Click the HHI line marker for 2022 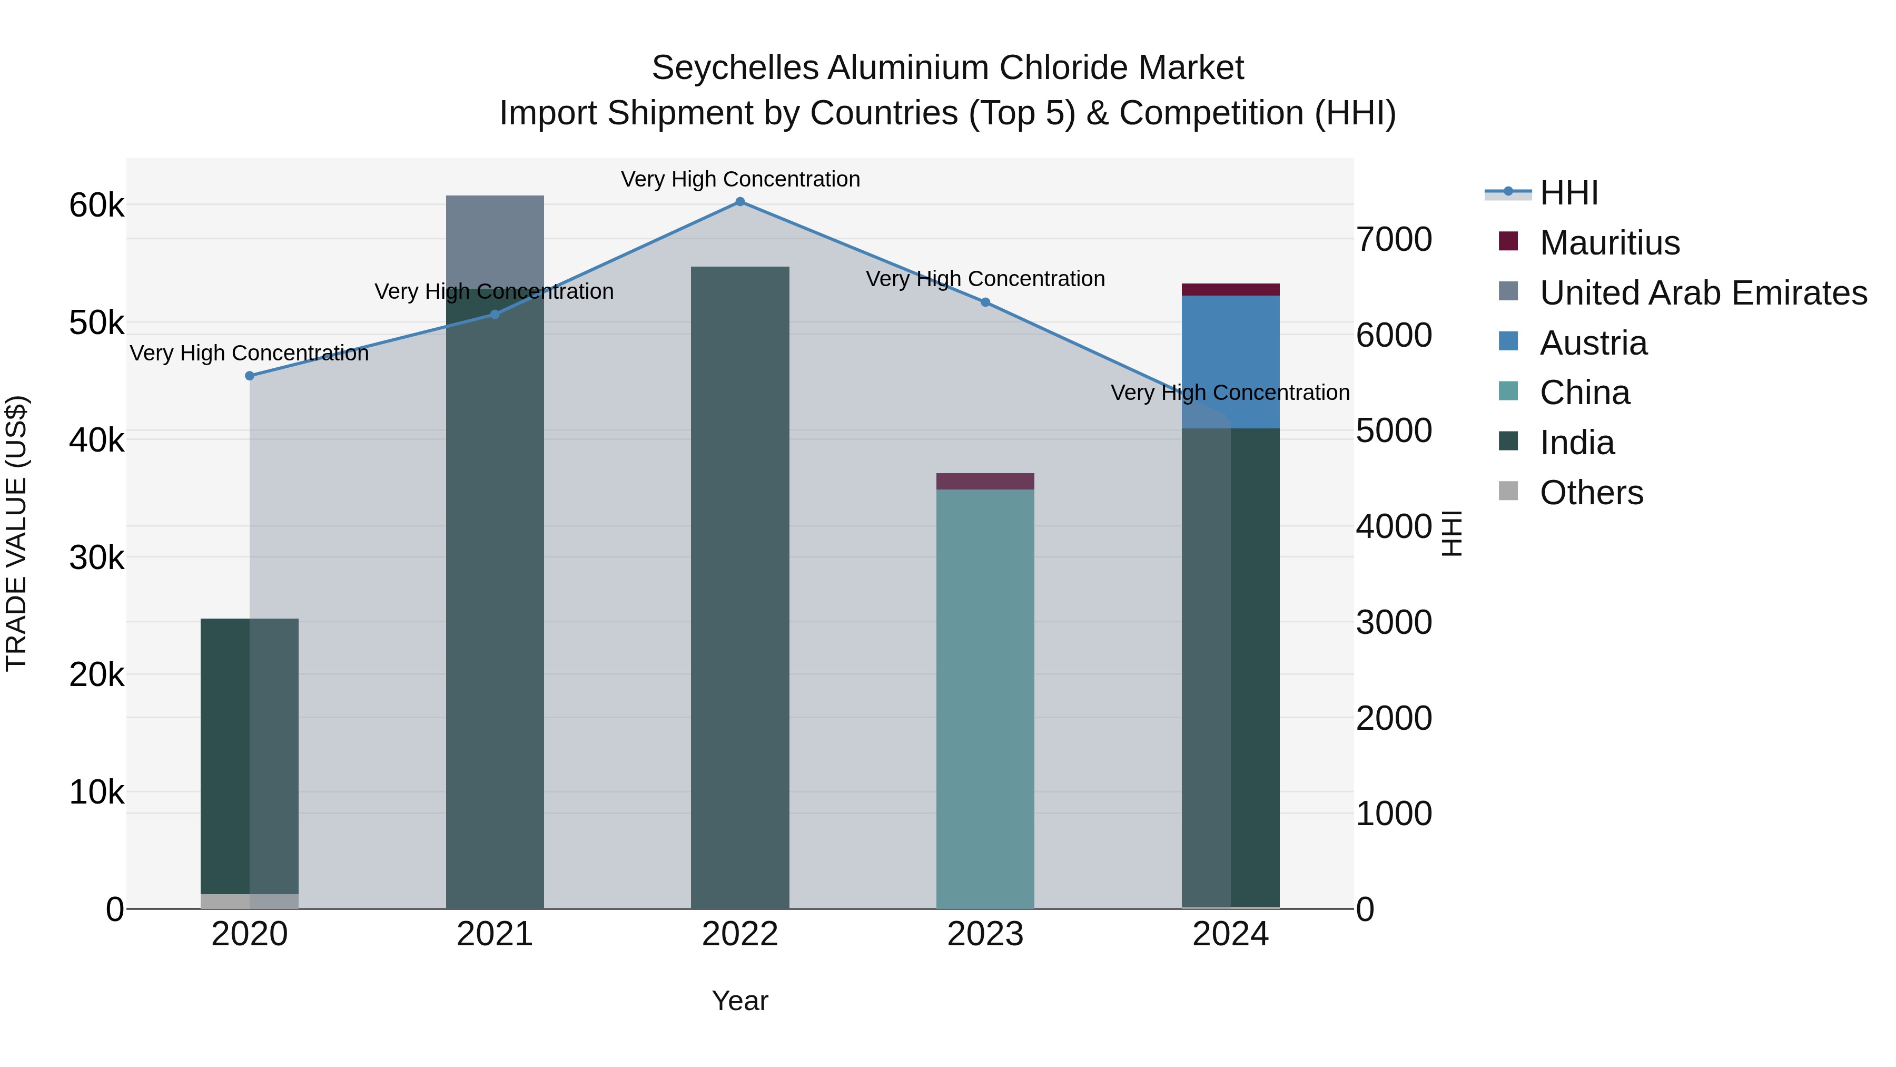point(740,202)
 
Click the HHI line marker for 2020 point(250,376)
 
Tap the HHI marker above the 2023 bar point(985,302)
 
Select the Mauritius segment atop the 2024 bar point(1230,289)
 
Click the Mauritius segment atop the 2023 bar point(985,481)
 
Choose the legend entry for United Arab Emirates point(1702,293)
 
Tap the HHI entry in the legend point(1568,193)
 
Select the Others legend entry point(1591,493)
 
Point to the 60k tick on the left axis point(96,205)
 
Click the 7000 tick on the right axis point(1393,239)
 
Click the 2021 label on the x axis point(495,934)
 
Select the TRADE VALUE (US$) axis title point(16,533)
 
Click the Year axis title point(740,1001)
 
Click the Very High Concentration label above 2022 point(740,179)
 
